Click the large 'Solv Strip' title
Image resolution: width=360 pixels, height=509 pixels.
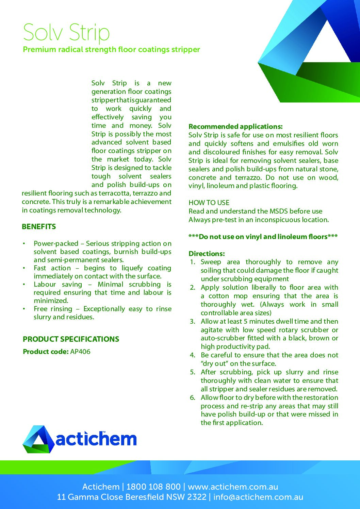[66, 32]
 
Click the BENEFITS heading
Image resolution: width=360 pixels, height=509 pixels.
[39, 227]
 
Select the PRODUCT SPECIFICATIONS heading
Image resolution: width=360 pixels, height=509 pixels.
[71, 339]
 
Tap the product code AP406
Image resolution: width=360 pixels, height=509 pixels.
[80, 352]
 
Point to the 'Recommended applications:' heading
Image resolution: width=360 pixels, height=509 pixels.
[235, 126]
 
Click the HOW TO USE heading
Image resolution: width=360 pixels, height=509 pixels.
[209, 203]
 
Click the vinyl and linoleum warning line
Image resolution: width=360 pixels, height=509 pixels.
[263, 237]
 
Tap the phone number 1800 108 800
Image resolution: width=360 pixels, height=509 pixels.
[153, 487]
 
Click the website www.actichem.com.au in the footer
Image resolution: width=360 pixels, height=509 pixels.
[233, 487]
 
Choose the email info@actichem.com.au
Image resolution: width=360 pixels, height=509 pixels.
[258, 497]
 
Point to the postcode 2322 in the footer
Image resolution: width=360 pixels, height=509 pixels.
[197, 497]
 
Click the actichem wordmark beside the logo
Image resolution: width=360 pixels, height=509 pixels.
[96, 439]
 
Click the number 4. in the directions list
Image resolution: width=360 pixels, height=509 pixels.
[193, 355]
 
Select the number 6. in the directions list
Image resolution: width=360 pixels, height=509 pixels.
[193, 398]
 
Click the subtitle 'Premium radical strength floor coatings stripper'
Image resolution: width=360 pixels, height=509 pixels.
[111, 50]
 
